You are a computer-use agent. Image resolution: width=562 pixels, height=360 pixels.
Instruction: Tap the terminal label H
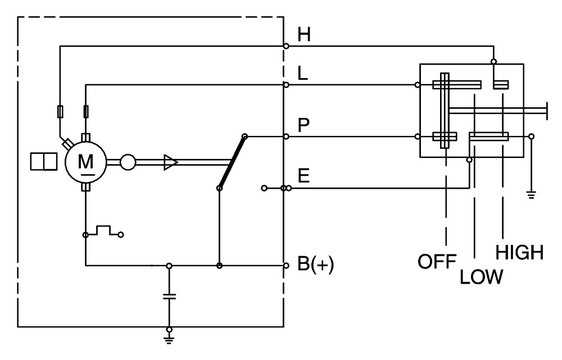(304, 35)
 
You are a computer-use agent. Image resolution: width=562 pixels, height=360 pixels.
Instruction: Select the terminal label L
(303, 74)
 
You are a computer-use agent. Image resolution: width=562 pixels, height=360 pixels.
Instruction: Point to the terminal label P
(303, 125)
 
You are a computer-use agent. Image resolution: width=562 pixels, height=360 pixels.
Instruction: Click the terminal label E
(303, 176)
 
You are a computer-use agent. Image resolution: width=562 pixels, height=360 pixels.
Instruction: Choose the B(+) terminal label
(316, 265)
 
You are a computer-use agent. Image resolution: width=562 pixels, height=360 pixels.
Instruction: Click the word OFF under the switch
(437, 262)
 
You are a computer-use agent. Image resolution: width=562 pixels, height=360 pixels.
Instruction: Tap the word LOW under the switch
(482, 277)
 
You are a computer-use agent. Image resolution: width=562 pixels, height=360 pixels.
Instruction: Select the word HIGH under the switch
(519, 253)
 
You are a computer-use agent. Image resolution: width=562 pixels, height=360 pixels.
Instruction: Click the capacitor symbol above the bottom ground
(169, 296)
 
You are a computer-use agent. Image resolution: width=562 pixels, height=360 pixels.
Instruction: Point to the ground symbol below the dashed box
(169, 339)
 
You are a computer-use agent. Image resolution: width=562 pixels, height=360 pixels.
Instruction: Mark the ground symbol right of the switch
(531, 195)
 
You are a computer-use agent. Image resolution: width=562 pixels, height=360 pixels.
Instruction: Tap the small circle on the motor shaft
(128, 162)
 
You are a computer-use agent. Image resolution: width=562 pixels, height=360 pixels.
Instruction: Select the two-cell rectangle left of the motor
(44, 161)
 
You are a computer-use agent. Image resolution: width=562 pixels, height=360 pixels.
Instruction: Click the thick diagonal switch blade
(232, 162)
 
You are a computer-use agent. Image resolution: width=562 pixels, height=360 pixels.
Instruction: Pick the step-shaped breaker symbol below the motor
(103, 231)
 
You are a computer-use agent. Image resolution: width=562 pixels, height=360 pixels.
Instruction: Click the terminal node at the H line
(286, 46)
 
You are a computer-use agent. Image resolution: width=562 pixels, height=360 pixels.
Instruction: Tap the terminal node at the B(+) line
(286, 266)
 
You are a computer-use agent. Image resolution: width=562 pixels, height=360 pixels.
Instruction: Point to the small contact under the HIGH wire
(501, 85)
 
